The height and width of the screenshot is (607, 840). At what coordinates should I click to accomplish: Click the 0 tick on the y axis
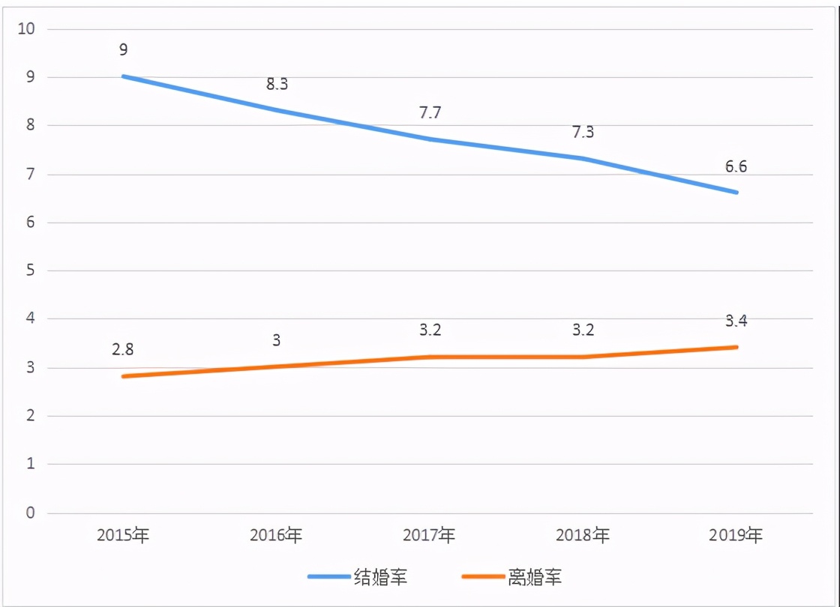(31, 513)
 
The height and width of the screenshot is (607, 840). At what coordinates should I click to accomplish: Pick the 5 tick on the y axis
(31, 271)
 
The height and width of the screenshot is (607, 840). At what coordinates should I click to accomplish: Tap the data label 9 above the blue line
(123, 50)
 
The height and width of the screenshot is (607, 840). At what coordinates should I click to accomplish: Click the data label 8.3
(277, 84)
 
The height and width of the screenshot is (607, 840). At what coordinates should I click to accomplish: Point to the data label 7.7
(430, 113)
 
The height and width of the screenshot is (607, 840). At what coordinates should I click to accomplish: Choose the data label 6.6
(736, 166)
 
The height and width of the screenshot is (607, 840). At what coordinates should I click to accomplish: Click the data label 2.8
(123, 349)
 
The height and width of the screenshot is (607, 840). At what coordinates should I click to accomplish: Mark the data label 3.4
(736, 321)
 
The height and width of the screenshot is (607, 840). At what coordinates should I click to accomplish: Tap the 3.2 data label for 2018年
(583, 330)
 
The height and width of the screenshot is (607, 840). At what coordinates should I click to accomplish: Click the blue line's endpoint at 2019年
(736, 193)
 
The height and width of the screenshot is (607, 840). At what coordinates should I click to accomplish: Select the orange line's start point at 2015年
(123, 376)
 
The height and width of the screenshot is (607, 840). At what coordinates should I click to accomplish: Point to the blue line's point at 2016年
(277, 110)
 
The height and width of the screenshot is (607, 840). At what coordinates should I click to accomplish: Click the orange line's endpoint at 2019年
(736, 347)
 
